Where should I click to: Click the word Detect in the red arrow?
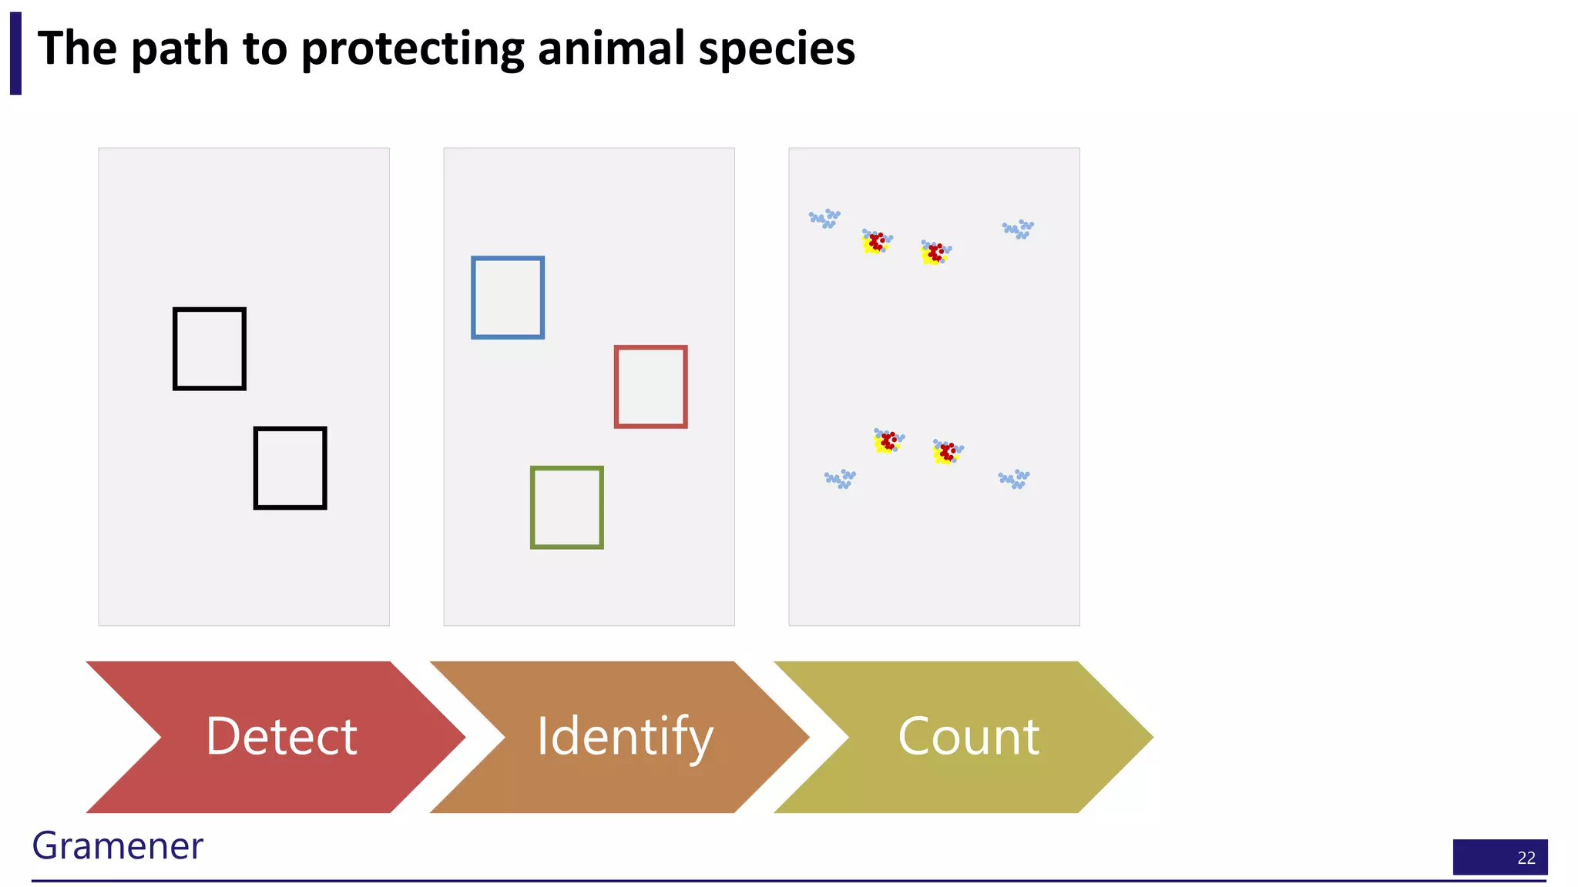(x=281, y=736)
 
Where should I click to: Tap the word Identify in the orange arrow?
(x=624, y=736)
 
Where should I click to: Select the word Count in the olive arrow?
(x=969, y=736)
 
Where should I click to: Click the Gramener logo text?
(x=117, y=845)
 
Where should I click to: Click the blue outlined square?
(x=508, y=297)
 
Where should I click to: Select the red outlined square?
(x=650, y=387)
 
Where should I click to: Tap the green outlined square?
(x=566, y=507)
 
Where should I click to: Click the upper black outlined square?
(x=210, y=349)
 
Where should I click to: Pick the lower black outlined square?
(x=290, y=467)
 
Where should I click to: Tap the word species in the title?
(x=777, y=49)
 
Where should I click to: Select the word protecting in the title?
(x=412, y=49)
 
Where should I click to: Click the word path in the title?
(x=180, y=49)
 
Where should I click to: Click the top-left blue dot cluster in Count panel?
(x=824, y=218)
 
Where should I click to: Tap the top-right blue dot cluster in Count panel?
(x=1018, y=229)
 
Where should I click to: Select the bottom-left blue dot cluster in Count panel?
(x=840, y=479)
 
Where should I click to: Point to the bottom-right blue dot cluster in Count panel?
(x=1014, y=479)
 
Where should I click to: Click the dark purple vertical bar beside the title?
(x=15, y=53)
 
